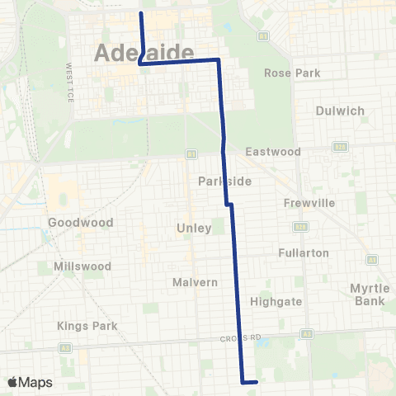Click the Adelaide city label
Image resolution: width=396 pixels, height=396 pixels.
[x=144, y=52]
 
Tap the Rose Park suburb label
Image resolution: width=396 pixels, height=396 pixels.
[x=291, y=73]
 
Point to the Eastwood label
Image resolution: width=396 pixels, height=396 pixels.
[x=273, y=152]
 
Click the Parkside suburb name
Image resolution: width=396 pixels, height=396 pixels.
[x=219, y=181]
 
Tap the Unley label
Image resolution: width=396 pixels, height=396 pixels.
[x=194, y=228]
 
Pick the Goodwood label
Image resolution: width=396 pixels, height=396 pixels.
[x=74, y=223]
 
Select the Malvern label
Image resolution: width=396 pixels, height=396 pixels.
[x=195, y=282]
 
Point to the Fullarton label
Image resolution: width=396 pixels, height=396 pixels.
[x=304, y=253]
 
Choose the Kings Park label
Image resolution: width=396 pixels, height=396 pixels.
[x=87, y=326]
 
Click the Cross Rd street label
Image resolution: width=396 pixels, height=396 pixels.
[x=241, y=338]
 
